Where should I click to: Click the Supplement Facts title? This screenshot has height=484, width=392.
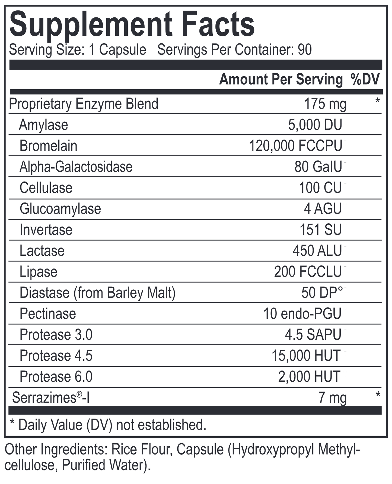132,25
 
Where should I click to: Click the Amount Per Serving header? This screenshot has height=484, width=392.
281,79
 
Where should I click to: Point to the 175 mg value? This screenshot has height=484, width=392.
325,104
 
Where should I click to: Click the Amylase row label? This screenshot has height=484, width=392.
43,125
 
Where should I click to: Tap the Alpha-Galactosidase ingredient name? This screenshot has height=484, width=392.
76,167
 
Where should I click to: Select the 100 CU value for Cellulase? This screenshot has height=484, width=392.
320,188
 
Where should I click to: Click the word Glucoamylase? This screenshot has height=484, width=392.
60,209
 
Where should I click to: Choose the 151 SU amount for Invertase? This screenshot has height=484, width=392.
320,230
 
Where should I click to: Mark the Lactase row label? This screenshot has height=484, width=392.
42,251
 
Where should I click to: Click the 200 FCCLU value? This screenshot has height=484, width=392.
308,272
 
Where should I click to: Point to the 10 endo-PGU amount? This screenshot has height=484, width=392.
302,314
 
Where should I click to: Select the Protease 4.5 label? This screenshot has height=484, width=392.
56,356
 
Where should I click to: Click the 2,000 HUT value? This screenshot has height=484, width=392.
309,377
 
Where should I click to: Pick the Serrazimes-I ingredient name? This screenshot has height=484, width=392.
51,398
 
